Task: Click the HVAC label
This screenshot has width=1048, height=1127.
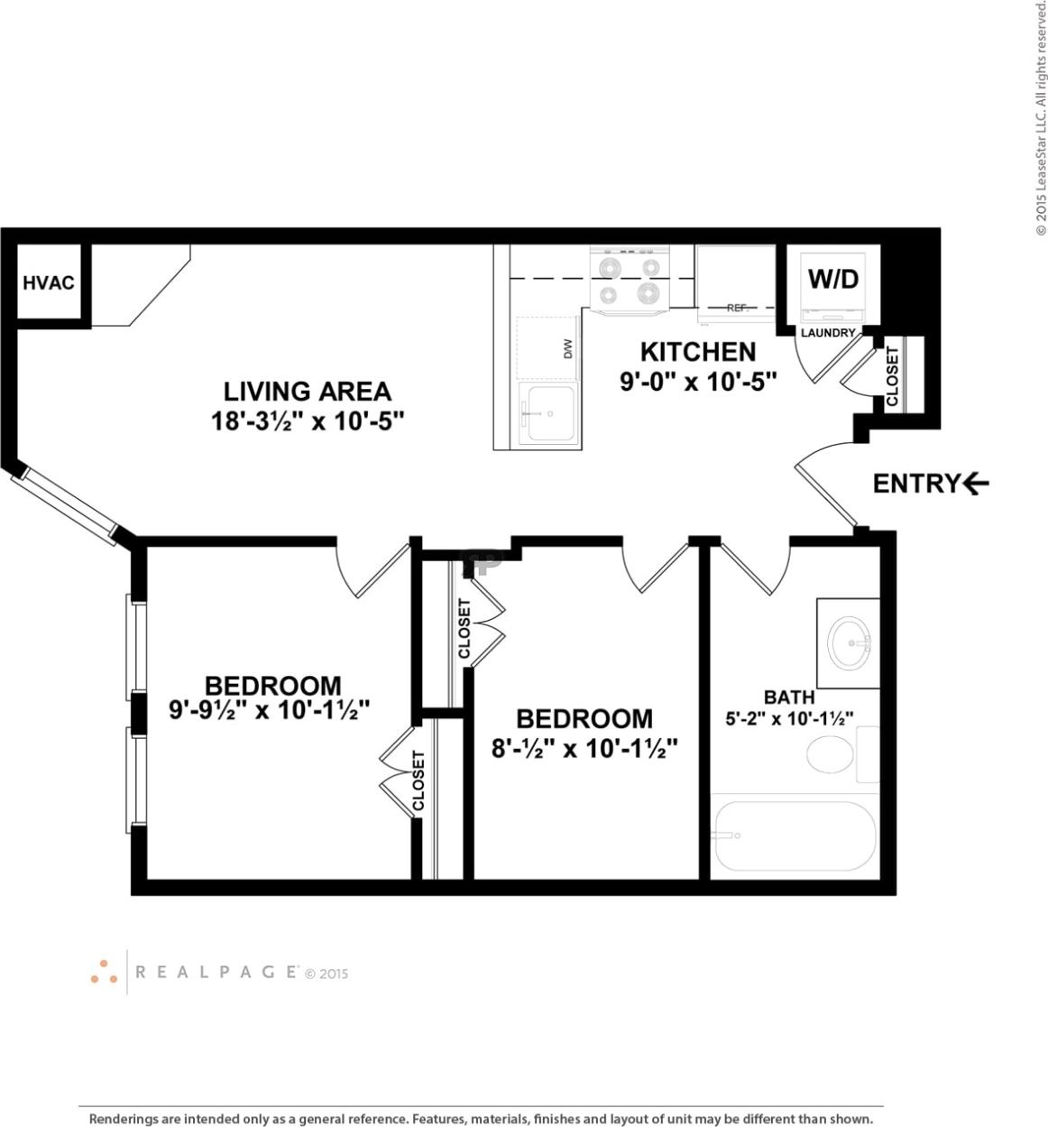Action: [48, 282]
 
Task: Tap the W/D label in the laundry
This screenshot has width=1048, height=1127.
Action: [832, 279]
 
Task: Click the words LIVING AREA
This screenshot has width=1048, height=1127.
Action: [307, 392]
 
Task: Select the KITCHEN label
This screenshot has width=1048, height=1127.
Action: [697, 352]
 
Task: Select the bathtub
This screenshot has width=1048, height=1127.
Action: [794, 836]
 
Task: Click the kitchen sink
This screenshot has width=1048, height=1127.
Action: [549, 413]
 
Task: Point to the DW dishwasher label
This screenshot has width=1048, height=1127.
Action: [568, 349]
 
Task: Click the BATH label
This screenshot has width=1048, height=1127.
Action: [789, 697]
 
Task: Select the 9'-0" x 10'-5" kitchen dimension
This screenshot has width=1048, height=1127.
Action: [698, 382]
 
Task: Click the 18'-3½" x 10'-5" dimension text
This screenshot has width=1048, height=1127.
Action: [307, 421]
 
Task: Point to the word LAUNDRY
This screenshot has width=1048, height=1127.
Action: [828, 332]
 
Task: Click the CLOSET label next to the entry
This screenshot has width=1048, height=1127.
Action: [892, 375]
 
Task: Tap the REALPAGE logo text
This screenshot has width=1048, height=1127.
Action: [216, 972]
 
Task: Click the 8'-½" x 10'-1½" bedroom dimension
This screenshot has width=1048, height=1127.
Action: [584, 749]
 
